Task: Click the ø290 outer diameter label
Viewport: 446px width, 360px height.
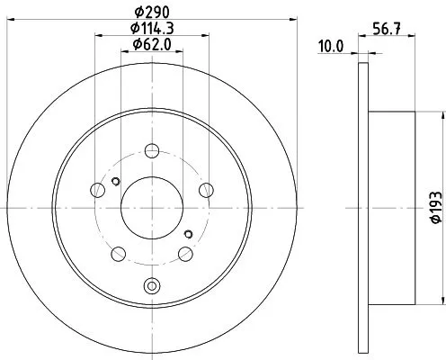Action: pyautogui.click(x=151, y=13)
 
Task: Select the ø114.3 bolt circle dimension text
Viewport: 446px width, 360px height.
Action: pyautogui.click(x=151, y=29)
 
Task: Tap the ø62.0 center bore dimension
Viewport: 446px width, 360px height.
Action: pyautogui.click(x=151, y=45)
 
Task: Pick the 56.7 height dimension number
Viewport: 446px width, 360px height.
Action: pyautogui.click(x=386, y=28)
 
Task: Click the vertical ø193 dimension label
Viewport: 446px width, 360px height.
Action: pyautogui.click(x=435, y=205)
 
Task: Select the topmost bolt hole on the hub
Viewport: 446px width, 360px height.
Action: pyautogui.click(x=151, y=149)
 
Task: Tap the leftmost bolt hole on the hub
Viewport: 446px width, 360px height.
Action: pyautogui.click(x=98, y=189)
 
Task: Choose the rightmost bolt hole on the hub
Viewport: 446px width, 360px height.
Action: pyautogui.click(x=206, y=189)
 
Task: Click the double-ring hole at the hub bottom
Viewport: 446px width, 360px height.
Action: pyautogui.click(x=151, y=287)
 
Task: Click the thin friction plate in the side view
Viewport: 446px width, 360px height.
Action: pyautogui.click(x=363, y=205)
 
